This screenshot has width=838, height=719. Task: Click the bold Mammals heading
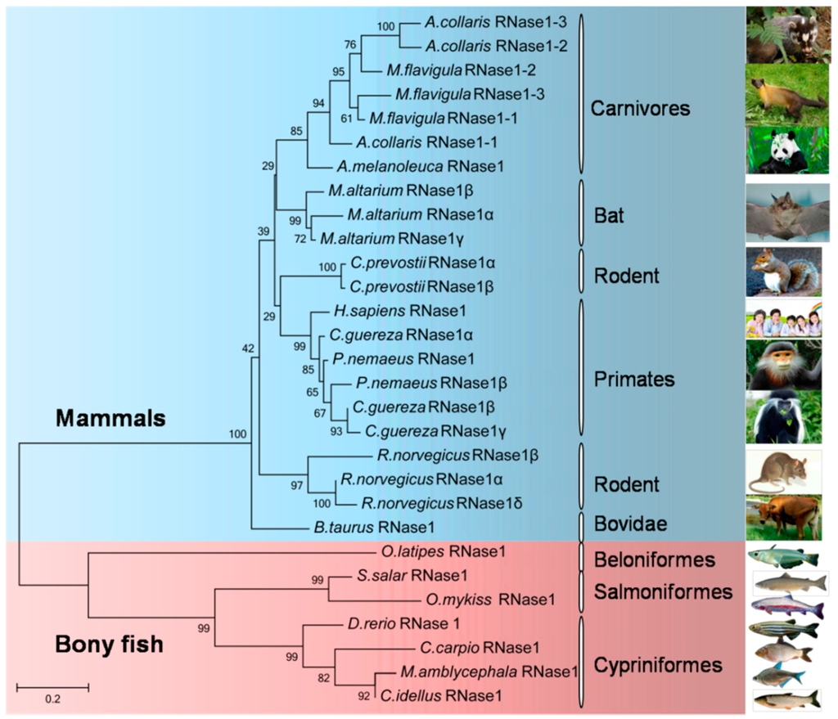point(110,420)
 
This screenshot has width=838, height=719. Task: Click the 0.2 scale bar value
point(52,699)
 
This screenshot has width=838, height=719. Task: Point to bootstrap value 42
point(249,349)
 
